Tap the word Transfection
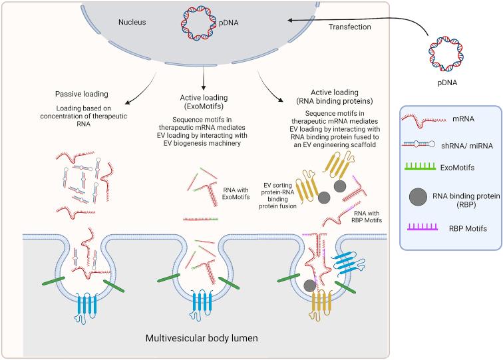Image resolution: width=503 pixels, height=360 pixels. coord(349,27)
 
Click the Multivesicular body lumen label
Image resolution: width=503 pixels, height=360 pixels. coord(202,338)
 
